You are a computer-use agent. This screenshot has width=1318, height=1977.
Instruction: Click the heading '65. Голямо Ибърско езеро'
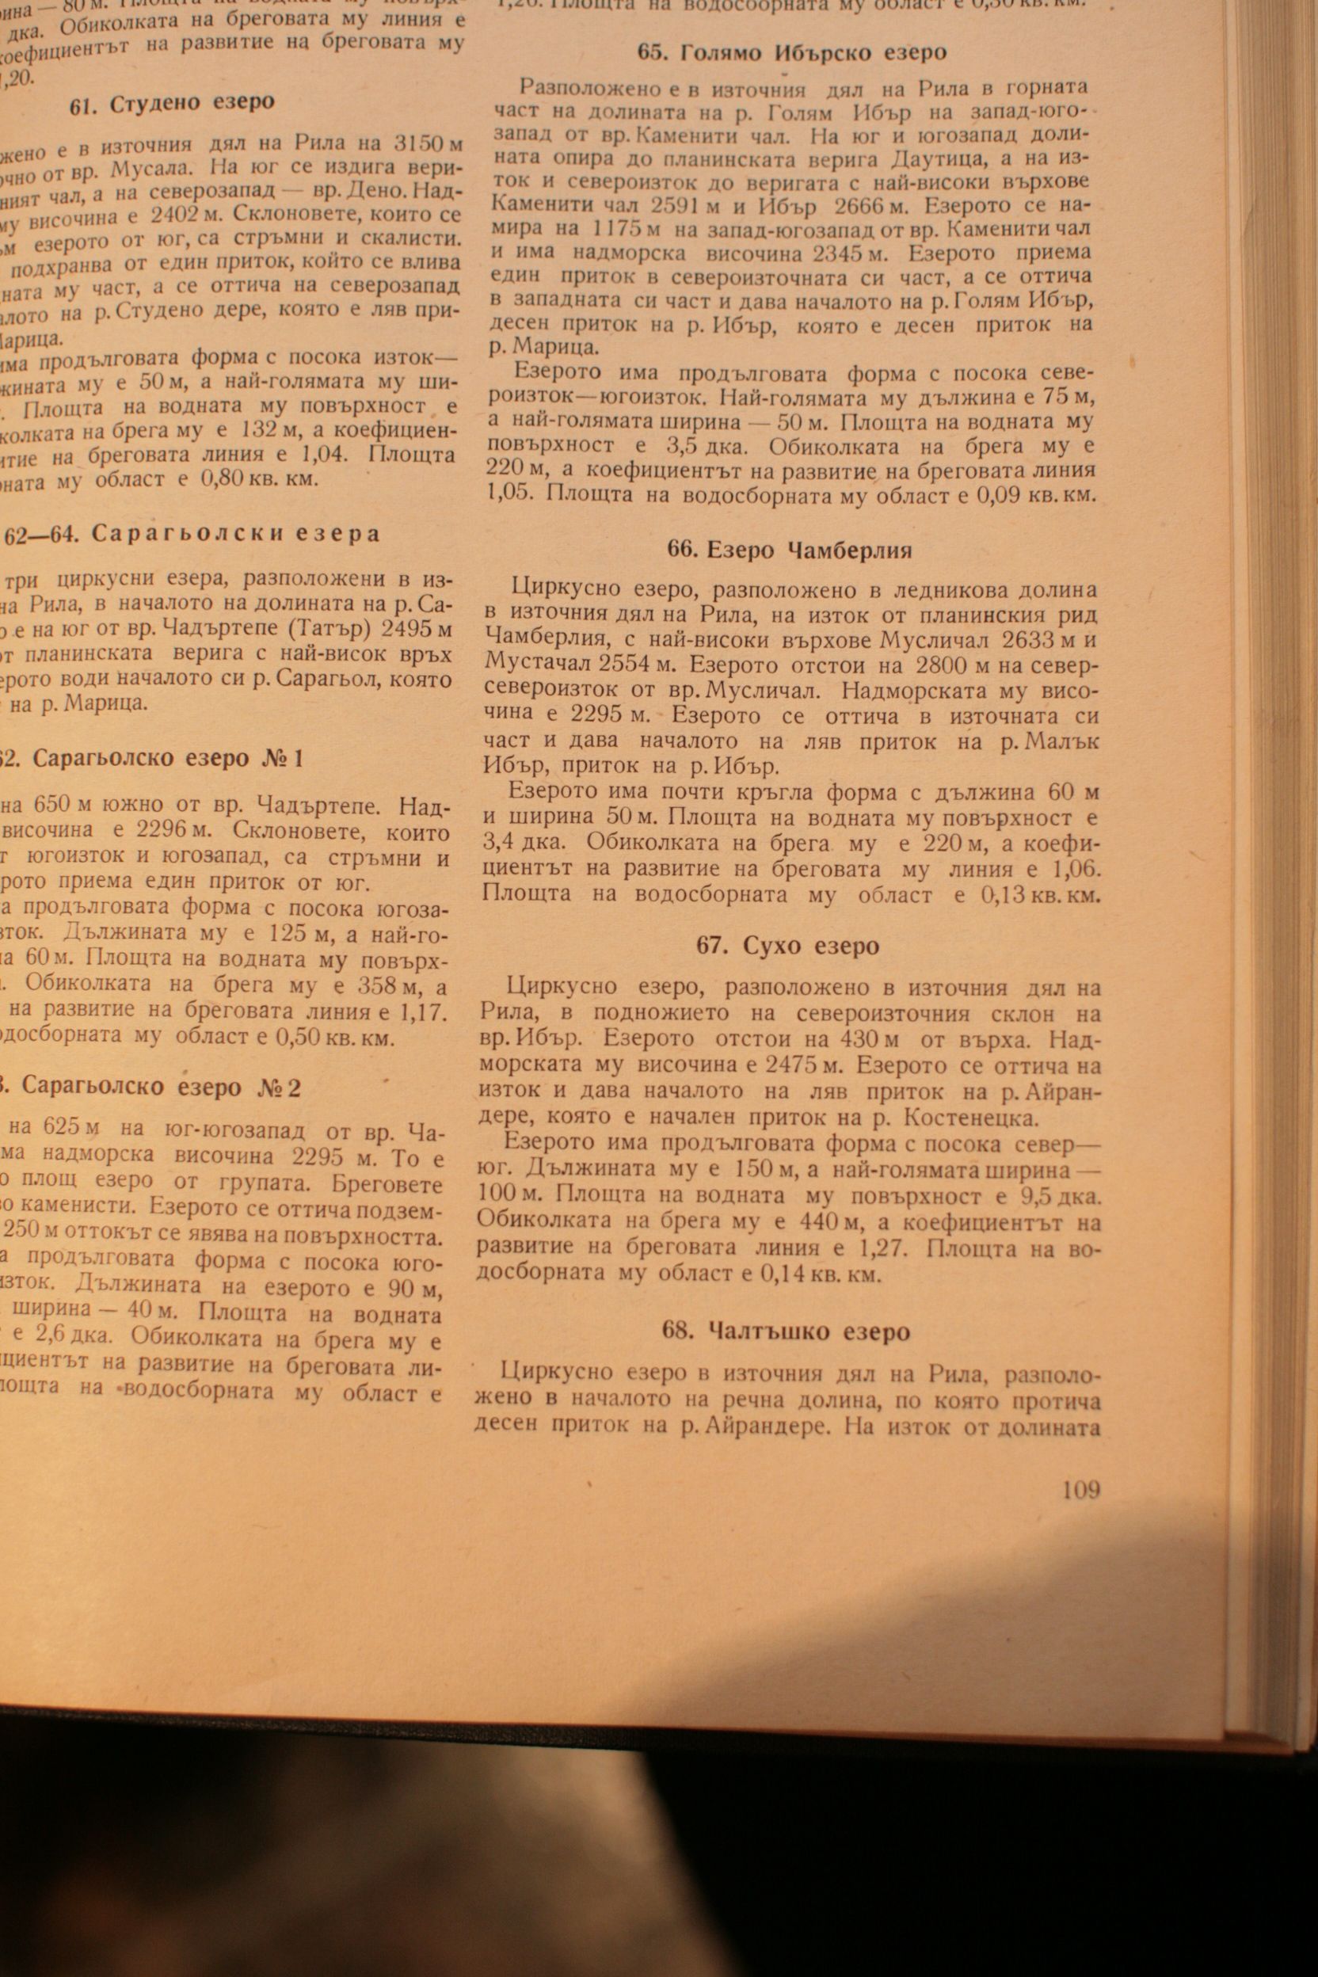coord(791,53)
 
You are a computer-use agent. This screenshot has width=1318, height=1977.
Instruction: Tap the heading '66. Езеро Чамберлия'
coord(789,550)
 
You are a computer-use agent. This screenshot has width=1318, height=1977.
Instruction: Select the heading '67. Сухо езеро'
coord(787,946)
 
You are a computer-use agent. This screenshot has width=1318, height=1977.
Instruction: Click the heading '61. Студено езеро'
coord(171,104)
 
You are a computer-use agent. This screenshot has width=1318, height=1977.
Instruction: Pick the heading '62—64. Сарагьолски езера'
coord(192,534)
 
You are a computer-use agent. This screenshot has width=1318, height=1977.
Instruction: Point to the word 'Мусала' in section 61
coord(142,165)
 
